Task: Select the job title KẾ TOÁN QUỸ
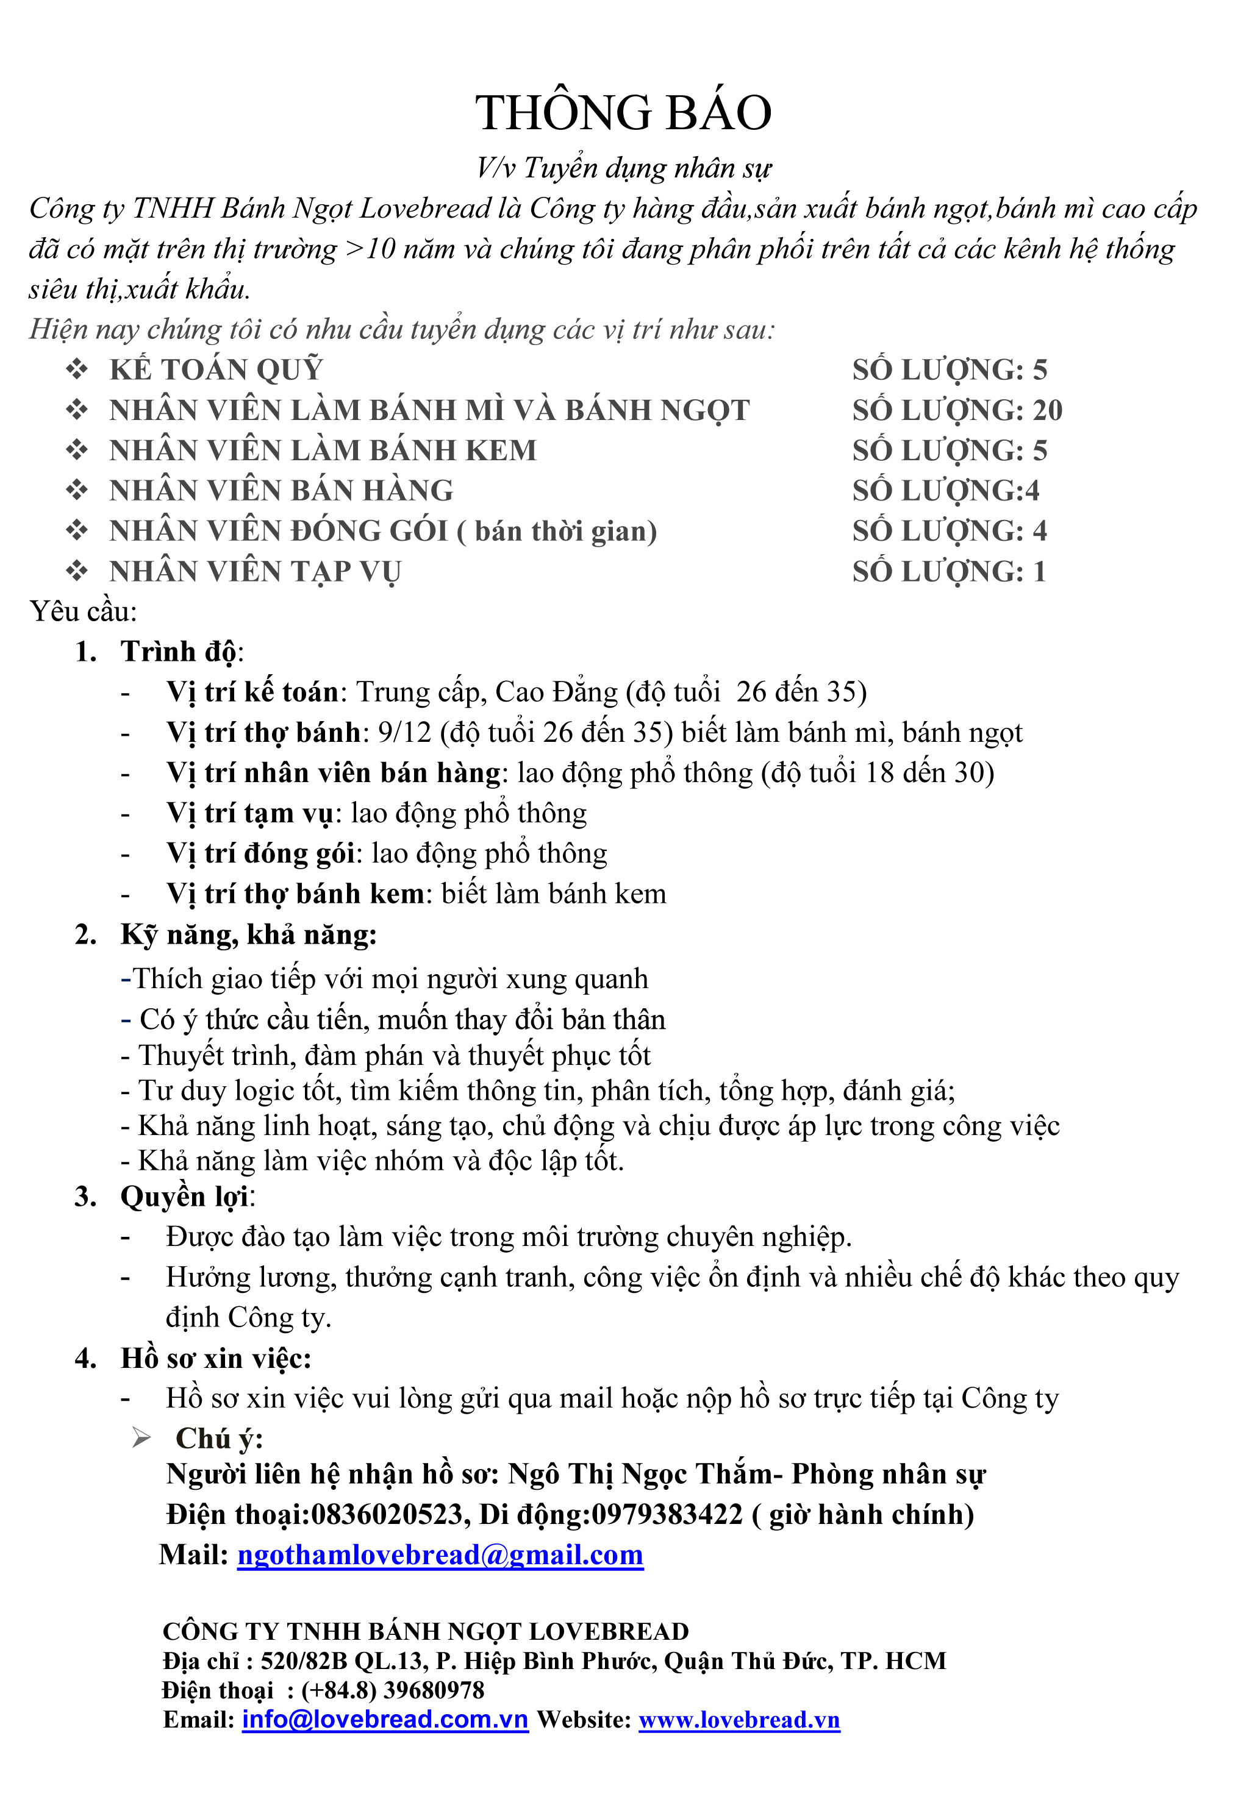tap(216, 369)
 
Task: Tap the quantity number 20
tap(1047, 410)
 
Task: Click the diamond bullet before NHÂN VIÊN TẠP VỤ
tap(77, 571)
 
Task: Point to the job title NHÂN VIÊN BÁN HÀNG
tap(281, 491)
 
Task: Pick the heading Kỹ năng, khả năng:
tap(248, 934)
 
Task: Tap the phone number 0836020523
tap(388, 1514)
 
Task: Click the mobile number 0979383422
tap(667, 1514)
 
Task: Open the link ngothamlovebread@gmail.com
tap(440, 1555)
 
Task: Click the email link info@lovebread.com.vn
tap(385, 1720)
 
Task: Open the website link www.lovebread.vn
tap(739, 1720)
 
